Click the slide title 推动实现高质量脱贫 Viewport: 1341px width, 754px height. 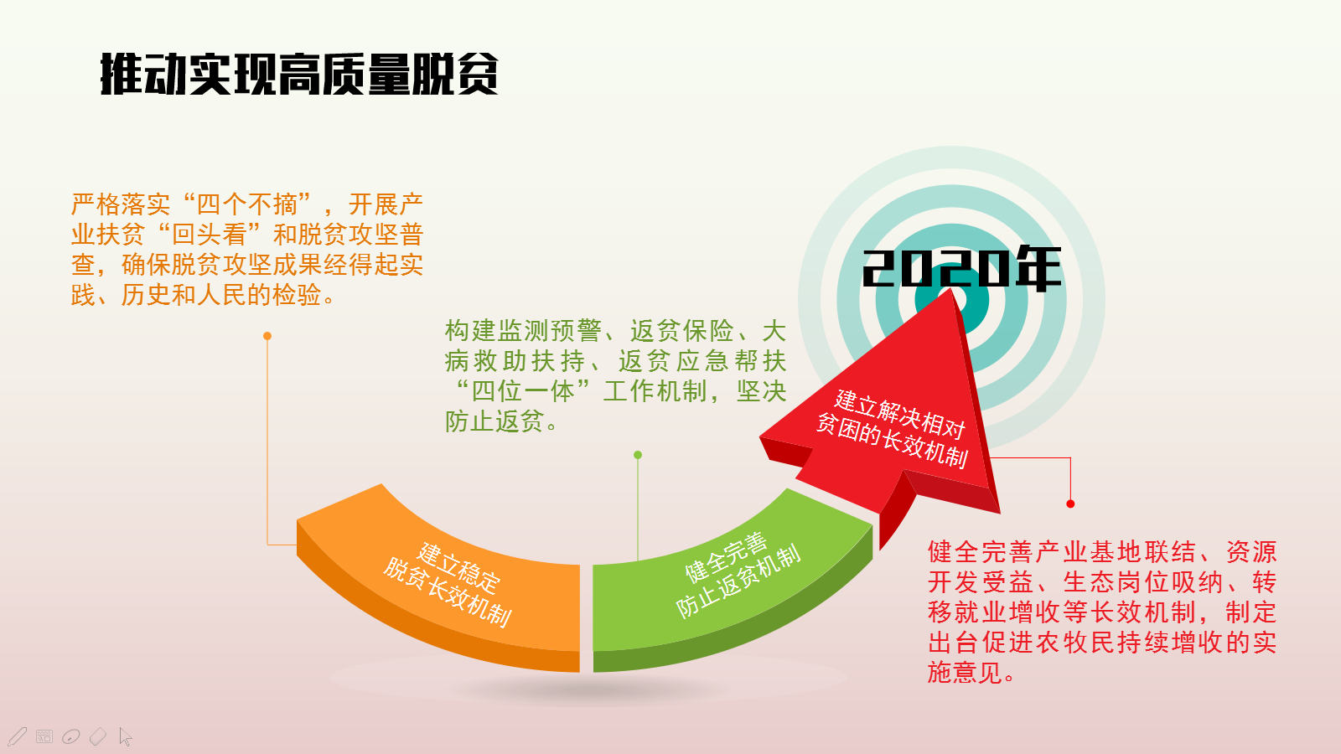pos(299,75)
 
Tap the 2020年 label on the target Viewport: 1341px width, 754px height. pos(961,268)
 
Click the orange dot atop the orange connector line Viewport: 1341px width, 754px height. pos(267,336)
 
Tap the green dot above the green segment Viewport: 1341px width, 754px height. pos(638,456)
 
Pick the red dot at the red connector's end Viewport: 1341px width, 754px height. pos(1070,504)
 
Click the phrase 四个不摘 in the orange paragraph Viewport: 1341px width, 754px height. pos(247,204)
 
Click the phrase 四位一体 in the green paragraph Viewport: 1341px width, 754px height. pos(524,392)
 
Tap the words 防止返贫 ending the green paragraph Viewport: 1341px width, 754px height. pos(494,422)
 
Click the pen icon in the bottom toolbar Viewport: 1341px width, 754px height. pos(18,736)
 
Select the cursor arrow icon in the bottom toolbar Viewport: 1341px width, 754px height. pos(125,736)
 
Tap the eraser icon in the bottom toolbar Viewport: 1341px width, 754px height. pos(97,736)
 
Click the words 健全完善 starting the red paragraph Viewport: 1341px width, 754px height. pos(981,552)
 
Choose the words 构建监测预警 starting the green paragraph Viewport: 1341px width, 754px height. pos(523,332)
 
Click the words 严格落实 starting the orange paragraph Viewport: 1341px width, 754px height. pos(121,204)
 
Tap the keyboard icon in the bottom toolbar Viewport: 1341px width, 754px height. pos(44,736)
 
